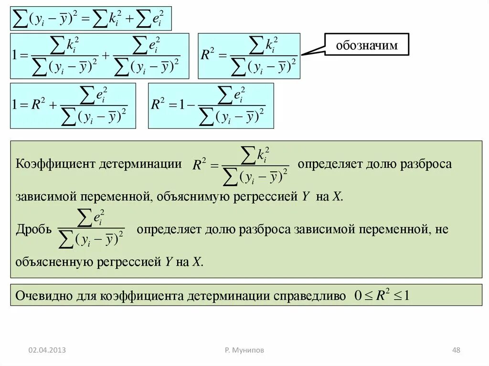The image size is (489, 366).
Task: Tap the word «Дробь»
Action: point(33,230)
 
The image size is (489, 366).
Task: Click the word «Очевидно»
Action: point(43,296)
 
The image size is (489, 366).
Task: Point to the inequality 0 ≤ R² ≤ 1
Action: point(382,295)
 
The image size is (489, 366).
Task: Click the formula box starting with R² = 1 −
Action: point(211,105)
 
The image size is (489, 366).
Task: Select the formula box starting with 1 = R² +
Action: point(73,105)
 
